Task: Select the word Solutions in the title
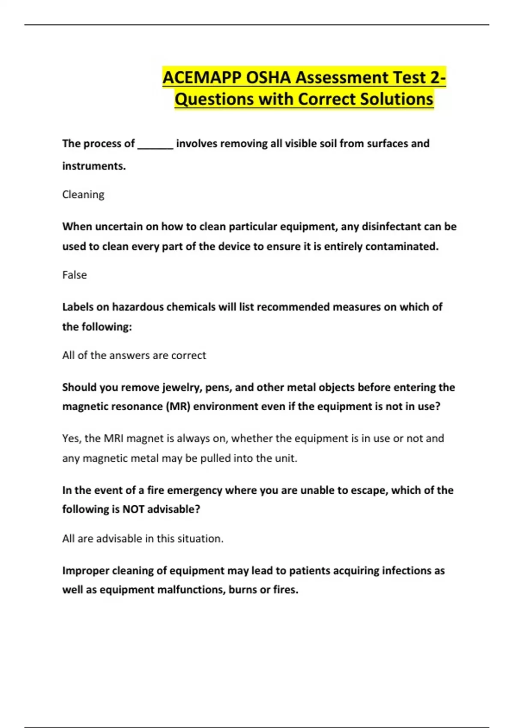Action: [396, 99]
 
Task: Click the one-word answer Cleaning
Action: [83, 195]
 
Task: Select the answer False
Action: [75, 275]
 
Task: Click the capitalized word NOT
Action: [133, 509]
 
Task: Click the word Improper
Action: [85, 571]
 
